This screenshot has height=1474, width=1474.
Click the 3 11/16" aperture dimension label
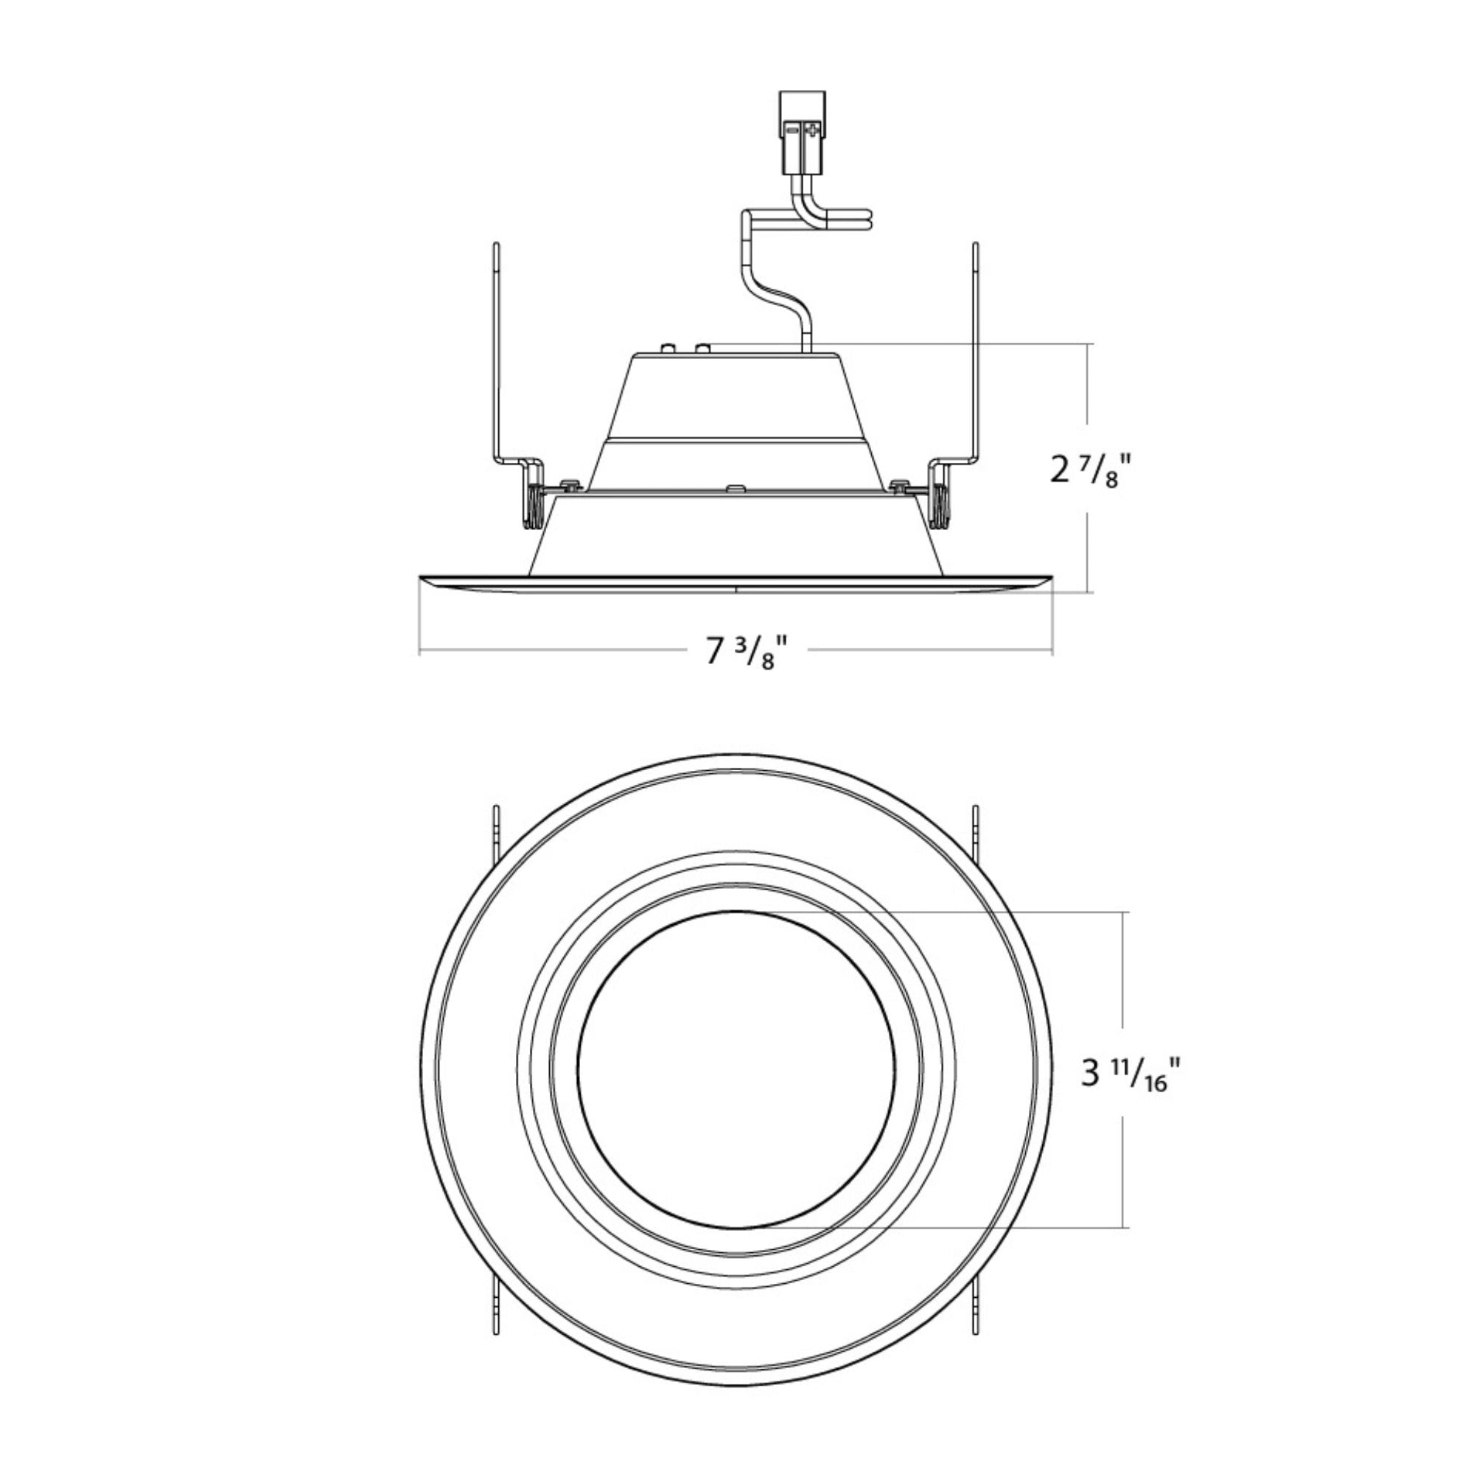[1126, 1075]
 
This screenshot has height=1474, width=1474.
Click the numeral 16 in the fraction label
[1156, 1084]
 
